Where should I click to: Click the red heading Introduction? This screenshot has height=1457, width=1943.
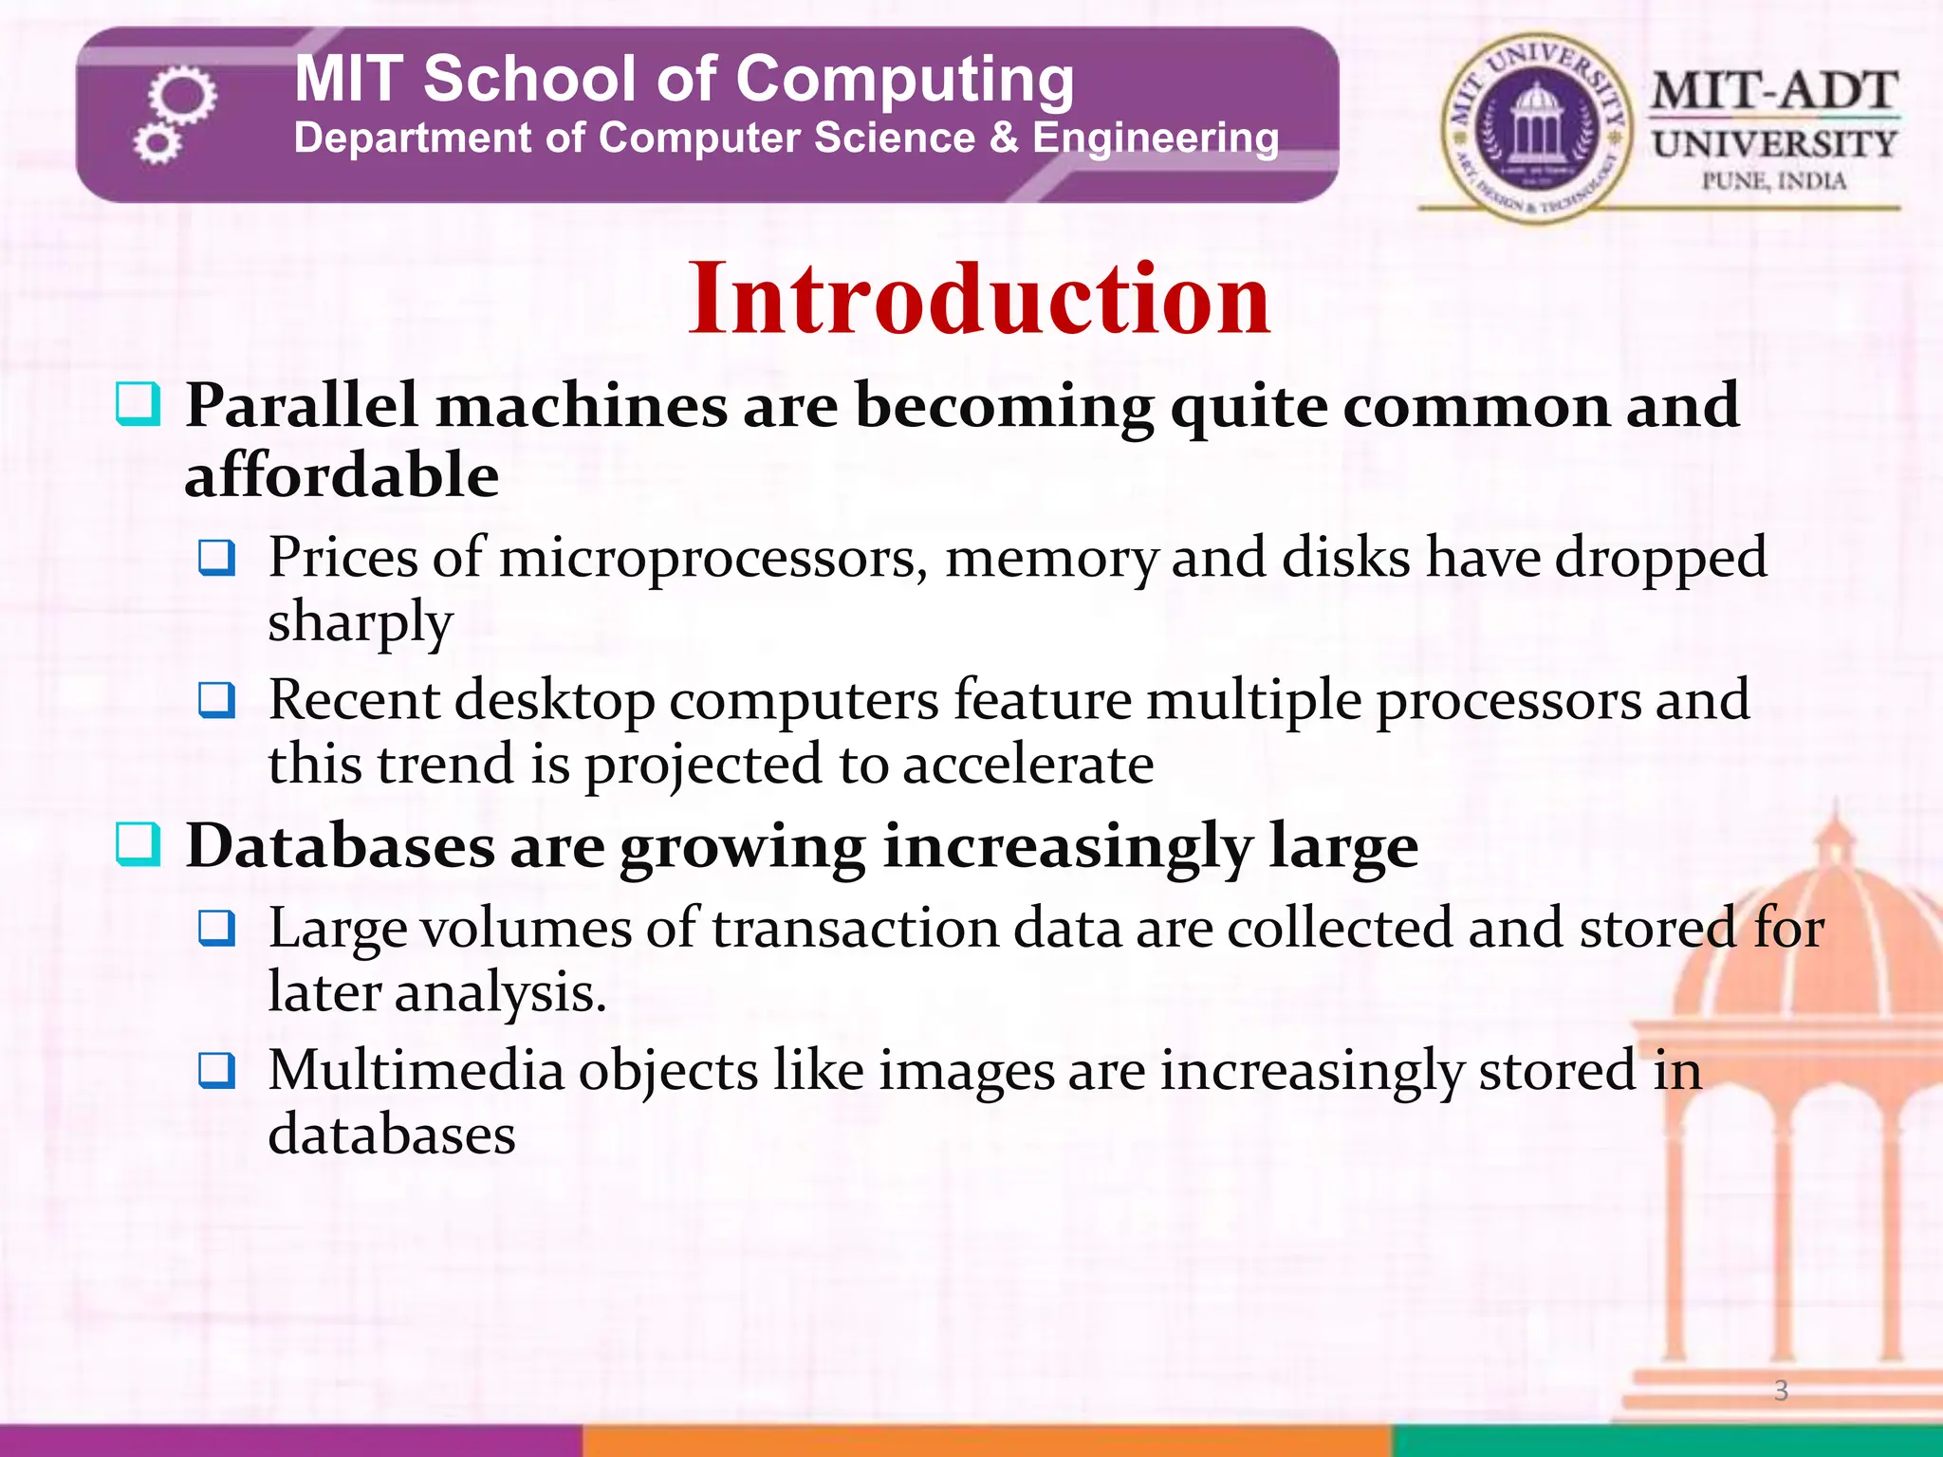tap(978, 300)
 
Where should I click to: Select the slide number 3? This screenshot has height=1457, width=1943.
tap(1781, 1391)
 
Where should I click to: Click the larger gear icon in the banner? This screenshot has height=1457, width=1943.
tap(183, 95)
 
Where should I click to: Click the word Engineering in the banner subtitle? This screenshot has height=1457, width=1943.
tap(1155, 138)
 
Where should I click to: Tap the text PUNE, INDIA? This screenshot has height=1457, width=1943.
tap(1773, 181)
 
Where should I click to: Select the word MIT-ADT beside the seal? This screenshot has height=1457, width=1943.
tap(1773, 93)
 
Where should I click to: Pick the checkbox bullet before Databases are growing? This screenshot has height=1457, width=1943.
tap(138, 844)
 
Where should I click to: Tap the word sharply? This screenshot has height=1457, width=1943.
tap(361, 623)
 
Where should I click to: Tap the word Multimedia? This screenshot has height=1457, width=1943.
tap(416, 1071)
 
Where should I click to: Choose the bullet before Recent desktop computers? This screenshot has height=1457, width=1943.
tap(217, 701)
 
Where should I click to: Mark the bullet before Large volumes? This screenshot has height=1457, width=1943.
tap(217, 929)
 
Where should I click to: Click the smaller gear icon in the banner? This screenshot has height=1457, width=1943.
tap(156, 145)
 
